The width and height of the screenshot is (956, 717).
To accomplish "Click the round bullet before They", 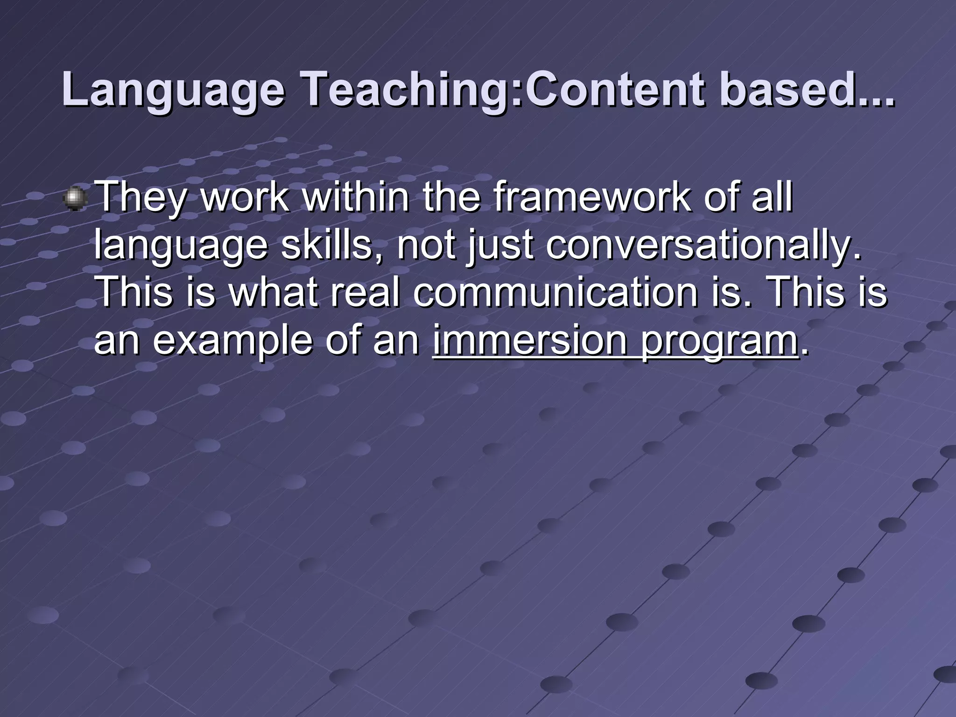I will (x=75, y=199).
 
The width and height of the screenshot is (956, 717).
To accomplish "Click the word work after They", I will (x=245, y=197).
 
